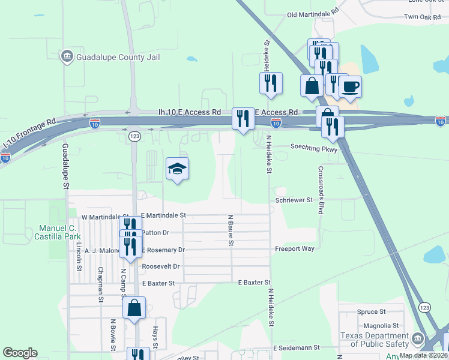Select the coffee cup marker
pyautogui.click(x=349, y=86)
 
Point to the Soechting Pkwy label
pyautogui.click(x=315, y=147)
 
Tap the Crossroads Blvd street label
pyautogui.click(x=321, y=190)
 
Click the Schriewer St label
pyautogui.click(x=294, y=199)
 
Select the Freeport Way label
pyautogui.click(x=295, y=248)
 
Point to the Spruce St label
pyautogui.click(x=371, y=312)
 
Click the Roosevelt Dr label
pyautogui.click(x=160, y=266)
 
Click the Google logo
pyautogui.click(x=20, y=353)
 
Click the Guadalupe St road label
pyautogui.click(x=65, y=167)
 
